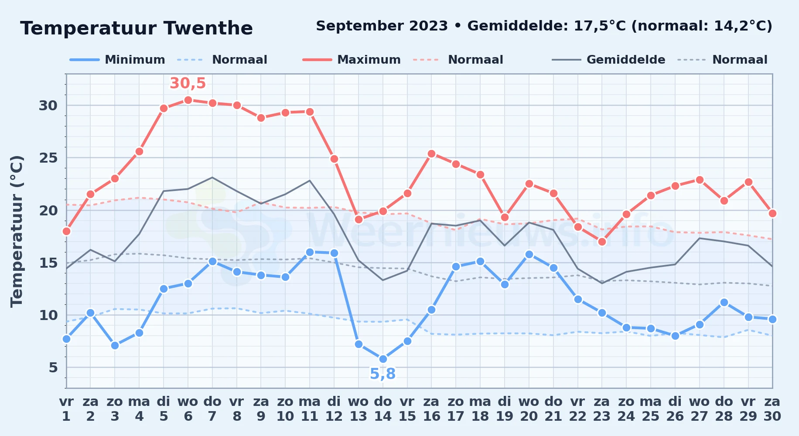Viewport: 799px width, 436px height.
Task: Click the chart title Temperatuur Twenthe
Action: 137,28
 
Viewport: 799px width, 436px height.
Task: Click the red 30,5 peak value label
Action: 188,83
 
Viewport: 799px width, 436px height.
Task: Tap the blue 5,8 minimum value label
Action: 383,374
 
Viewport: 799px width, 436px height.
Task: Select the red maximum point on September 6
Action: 188,100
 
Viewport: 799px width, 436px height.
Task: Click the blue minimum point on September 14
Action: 383,359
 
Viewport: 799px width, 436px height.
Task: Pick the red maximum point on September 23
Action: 602,242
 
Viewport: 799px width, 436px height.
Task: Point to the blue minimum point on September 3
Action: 115,345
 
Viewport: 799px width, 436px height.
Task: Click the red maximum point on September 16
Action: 431,153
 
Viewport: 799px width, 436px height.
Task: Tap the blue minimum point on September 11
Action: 310,252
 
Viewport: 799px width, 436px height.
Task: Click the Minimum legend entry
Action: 117,60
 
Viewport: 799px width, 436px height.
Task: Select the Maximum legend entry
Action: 352,60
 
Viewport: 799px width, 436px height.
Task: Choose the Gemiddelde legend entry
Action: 609,60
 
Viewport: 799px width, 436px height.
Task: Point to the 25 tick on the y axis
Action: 48,158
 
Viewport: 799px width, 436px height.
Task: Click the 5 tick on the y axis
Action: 53,368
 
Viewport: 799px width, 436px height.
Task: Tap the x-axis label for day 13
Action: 359,409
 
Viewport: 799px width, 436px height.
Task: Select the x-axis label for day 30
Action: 772,409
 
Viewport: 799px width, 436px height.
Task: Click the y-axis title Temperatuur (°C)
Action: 17,231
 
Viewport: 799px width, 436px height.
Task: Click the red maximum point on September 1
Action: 66,231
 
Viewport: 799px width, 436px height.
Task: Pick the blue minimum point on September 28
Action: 724,302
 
